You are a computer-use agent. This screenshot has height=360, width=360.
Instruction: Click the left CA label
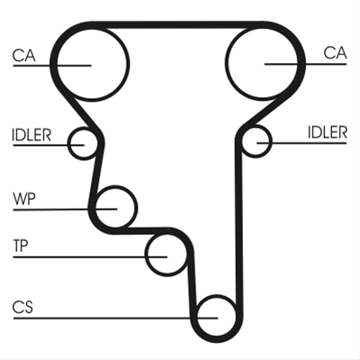click(x=23, y=56)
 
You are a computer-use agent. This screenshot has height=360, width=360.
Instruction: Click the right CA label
click(x=335, y=53)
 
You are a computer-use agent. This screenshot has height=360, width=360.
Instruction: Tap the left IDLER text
click(x=31, y=135)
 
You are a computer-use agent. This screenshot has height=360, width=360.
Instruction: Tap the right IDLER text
click(x=328, y=132)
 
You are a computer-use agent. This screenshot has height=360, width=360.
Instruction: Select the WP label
click(x=24, y=199)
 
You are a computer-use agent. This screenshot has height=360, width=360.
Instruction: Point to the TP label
click(x=21, y=246)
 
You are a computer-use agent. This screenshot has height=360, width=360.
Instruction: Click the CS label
click(x=22, y=307)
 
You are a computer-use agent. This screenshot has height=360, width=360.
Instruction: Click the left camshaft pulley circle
click(x=129, y=64)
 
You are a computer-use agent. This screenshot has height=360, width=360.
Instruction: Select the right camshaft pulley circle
click(x=227, y=64)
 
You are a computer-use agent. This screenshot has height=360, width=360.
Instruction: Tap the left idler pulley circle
click(x=68, y=144)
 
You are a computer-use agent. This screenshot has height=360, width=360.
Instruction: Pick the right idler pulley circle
click(x=272, y=141)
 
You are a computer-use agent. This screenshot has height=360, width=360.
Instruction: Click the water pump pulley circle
click(x=137, y=207)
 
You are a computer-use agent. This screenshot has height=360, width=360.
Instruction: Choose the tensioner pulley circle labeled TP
click(x=145, y=255)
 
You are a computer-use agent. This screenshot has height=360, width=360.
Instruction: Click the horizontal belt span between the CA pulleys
click(x=177, y=25)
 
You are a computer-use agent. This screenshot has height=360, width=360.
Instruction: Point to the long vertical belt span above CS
click(x=238, y=228)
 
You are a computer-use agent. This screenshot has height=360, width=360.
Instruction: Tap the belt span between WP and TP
click(x=141, y=230)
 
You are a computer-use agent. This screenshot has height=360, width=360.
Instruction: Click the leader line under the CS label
click(x=115, y=318)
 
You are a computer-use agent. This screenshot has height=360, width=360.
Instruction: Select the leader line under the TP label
click(x=90, y=257)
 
